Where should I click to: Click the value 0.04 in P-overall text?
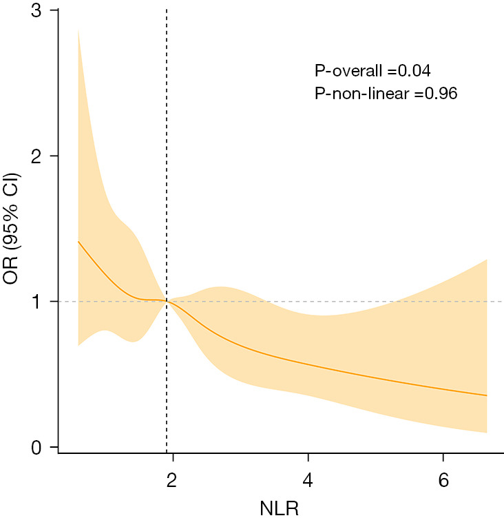414,70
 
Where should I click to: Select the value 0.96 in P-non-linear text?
439,92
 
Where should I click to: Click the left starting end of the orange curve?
78,242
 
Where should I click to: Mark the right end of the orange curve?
487,395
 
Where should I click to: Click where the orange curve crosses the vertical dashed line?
167,301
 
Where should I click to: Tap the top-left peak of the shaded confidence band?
78,30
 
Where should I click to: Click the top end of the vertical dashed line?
167,10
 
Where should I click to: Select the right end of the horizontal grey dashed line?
502,302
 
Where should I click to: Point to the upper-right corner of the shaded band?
487,260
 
